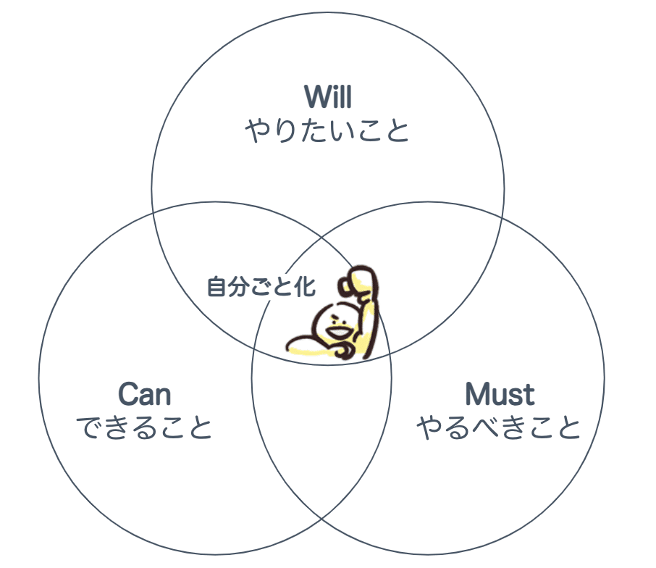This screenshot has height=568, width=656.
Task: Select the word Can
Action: [145, 395]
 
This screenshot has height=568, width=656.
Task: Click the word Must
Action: [500, 395]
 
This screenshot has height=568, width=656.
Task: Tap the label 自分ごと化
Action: [261, 287]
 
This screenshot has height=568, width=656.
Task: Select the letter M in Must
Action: [479, 395]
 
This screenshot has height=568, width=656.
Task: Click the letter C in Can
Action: [127, 395]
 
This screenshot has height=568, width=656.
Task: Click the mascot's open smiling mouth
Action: [337, 334]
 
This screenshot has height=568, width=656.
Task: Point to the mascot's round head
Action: [335, 323]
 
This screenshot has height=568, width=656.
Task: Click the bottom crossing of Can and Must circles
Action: [321, 519]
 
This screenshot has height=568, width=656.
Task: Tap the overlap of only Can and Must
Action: [322, 427]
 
